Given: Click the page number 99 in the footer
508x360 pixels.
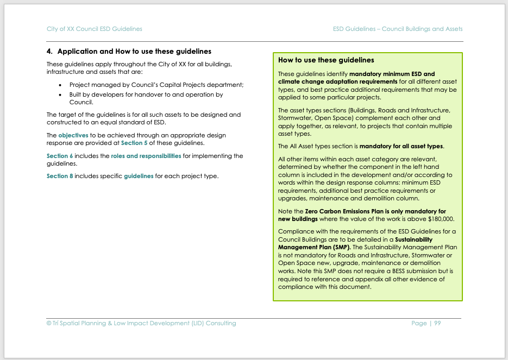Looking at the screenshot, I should (x=437, y=323).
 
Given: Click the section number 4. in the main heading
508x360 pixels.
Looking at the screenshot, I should (x=50, y=52).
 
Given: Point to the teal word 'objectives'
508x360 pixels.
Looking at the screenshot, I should (x=73, y=135).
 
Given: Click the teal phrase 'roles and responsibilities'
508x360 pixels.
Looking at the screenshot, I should (x=146, y=156).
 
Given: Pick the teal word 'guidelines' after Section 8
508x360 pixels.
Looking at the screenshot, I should (x=139, y=176).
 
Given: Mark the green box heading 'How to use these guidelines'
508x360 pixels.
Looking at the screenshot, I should (x=326, y=60).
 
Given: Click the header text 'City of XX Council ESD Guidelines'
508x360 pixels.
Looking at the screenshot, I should (x=95, y=29).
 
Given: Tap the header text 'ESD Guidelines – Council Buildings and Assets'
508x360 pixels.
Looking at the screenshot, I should (x=398, y=29).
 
